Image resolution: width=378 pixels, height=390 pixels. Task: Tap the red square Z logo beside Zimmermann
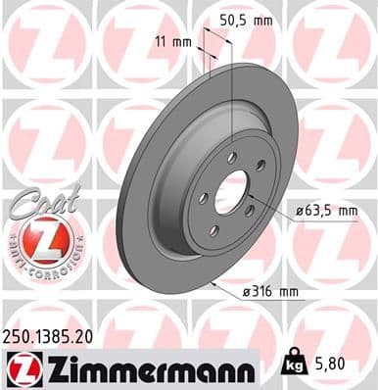(x=22, y=369)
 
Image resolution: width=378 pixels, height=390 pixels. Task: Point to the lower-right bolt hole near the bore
(x=249, y=211)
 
